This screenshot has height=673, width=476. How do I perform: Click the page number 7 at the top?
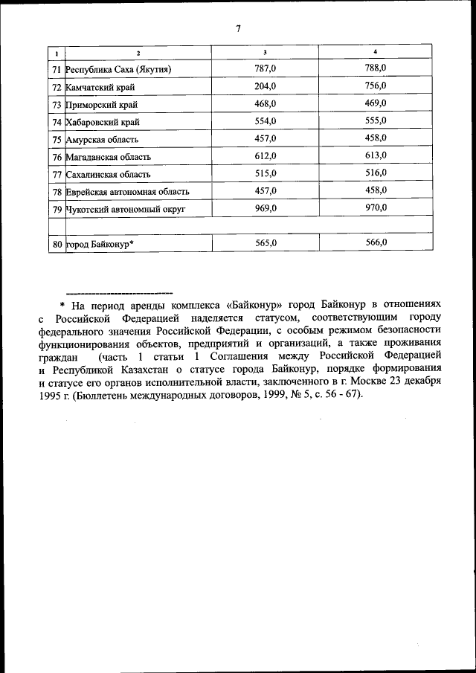238,29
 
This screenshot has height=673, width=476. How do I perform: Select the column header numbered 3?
266,52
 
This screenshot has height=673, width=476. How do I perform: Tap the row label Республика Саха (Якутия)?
120,70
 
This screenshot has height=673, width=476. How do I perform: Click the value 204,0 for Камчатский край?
266,87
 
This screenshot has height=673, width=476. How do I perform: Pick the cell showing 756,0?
376,86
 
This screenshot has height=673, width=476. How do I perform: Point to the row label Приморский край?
101,105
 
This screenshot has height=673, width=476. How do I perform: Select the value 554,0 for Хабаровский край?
266,121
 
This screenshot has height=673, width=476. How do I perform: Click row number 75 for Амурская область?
57,139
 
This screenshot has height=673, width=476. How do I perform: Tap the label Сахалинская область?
109,174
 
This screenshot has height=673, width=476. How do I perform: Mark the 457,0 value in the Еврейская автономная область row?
266,191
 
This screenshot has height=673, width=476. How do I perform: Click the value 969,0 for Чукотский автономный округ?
266,208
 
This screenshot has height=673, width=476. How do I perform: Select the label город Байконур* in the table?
100,243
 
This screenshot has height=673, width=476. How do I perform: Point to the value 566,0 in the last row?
376,242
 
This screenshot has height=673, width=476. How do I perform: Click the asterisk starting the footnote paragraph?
64,306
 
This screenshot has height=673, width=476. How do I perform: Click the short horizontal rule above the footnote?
119,292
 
